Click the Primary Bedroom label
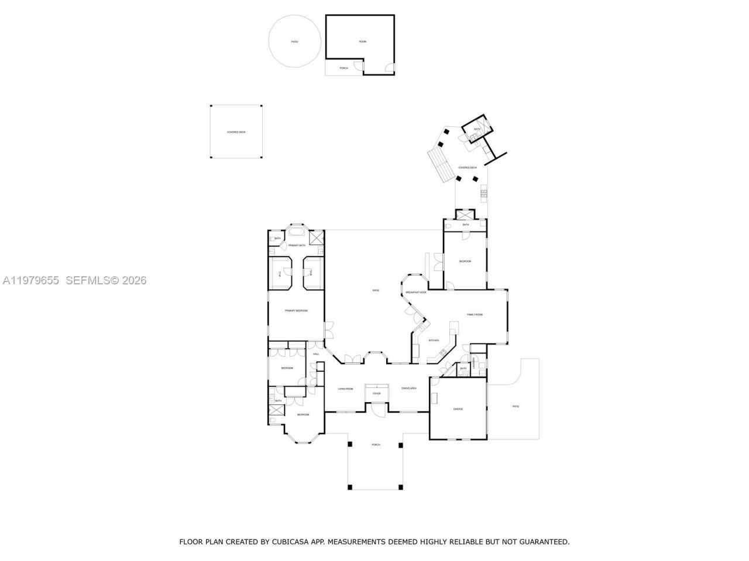tap(296, 311)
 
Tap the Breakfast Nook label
tap(416, 292)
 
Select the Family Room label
tap(475, 315)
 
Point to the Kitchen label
tap(434, 341)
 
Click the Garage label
tap(458, 409)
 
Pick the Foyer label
tap(376, 394)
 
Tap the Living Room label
tap(345, 389)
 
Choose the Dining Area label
tap(409, 389)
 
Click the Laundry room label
tap(482, 363)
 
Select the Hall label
tap(316, 354)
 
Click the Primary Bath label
tap(297, 245)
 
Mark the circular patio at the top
tap(294, 41)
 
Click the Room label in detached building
tap(363, 41)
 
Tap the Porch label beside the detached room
tap(344, 68)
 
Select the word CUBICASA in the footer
tap(287, 542)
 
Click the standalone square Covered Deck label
tap(236, 132)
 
